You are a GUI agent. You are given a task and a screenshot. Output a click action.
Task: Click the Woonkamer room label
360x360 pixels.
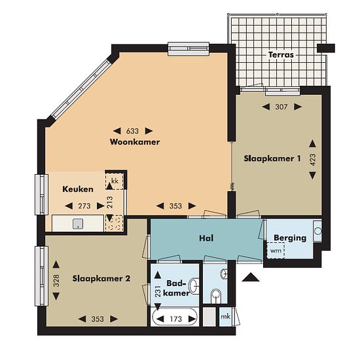pos(135,142)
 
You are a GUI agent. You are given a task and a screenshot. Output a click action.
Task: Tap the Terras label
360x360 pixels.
pos(281,55)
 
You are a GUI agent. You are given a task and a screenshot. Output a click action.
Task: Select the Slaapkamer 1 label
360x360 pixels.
pos(272,158)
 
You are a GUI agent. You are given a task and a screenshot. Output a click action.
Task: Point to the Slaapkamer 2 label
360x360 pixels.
pos(101,278)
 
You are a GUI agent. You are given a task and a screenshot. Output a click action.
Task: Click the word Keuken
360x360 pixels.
pos(78,189)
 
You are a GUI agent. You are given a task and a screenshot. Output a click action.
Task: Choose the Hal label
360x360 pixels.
pos(206,238)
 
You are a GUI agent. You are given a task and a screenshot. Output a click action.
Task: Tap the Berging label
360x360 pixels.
pos(290,238)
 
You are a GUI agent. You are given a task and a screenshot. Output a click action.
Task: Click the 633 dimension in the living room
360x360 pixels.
pos(132,131)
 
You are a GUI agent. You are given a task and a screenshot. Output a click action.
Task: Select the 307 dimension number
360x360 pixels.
pos(281,107)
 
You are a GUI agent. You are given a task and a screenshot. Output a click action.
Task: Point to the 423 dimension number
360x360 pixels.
pos(313,160)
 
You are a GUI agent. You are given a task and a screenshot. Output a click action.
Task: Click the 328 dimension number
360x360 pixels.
pos(56,281)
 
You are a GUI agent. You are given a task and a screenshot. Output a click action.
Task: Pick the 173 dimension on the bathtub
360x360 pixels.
pos(176,319)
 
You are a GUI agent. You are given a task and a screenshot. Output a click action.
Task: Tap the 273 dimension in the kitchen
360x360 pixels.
pos(84,206)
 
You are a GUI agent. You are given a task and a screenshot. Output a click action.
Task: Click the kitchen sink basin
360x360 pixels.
pos(78,224)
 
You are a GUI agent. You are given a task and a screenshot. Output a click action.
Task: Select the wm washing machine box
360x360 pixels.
pos(276,251)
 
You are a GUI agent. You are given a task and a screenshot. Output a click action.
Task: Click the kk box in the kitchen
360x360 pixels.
pos(115,181)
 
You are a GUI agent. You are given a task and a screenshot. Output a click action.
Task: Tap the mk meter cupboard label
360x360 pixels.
pos(225,317)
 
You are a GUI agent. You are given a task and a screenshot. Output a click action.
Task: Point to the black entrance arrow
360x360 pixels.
pos(251,277)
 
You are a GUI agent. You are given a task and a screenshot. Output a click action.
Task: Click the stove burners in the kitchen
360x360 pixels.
pos(114,223)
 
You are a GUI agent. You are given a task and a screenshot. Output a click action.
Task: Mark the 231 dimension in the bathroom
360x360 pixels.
pos(158,291)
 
